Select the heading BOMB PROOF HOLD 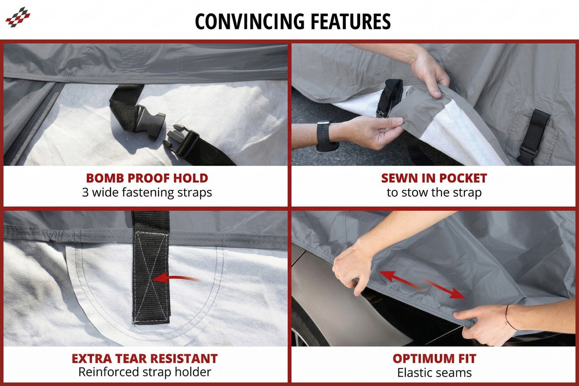tap(147, 178)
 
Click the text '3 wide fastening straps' tap(147, 192)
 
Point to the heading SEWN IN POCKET tap(434, 178)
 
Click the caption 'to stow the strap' tap(434, 192)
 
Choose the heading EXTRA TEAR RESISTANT tap(145, 359)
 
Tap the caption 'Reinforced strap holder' tap(145, 372)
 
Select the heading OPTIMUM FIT tap(434, 359)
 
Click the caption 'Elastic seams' tap(434, 373)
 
